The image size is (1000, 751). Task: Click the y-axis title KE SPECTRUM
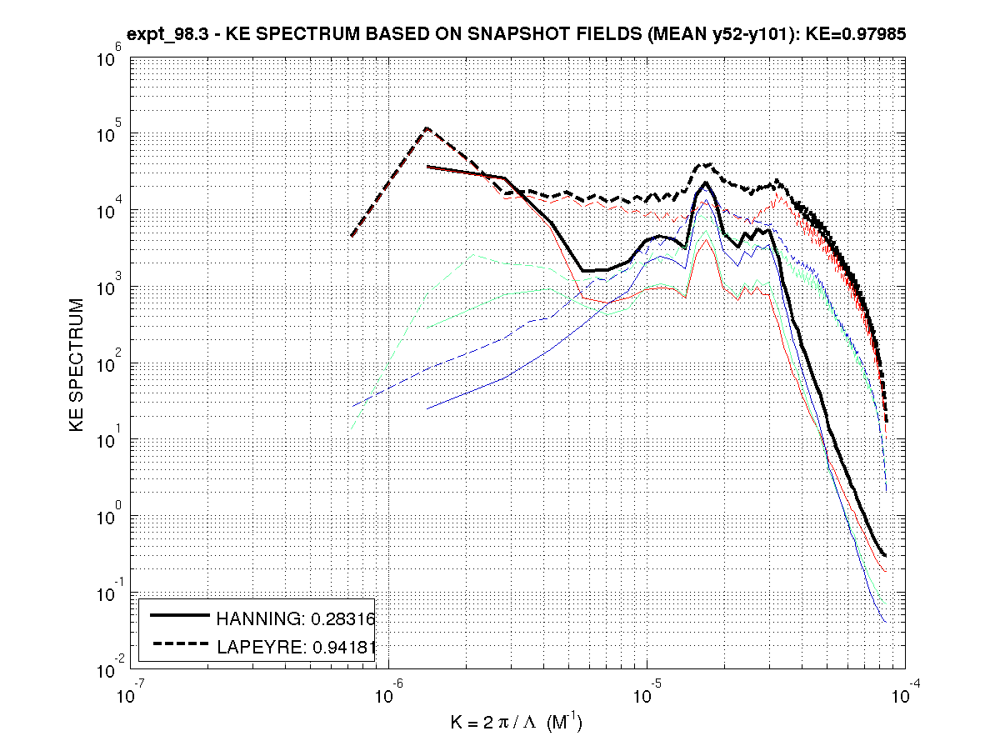[x=77, y=364]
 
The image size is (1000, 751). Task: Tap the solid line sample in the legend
[x=178, y=616]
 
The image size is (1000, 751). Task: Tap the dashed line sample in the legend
[x=178, y=643]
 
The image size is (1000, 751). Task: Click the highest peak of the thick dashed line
[x=427, y=128]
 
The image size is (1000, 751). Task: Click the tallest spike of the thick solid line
[x=706, y=183]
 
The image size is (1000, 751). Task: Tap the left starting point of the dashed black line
[x=352, y=236]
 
